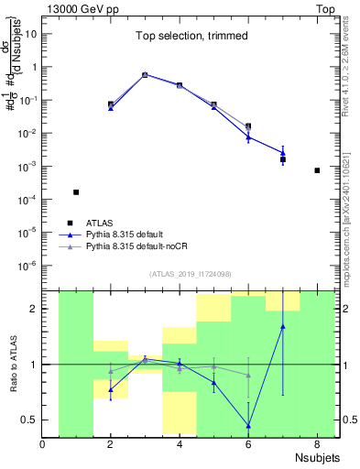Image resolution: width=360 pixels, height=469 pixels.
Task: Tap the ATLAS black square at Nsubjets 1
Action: [76, 192]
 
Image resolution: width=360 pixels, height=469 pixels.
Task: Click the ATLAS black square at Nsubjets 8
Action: [317, 170]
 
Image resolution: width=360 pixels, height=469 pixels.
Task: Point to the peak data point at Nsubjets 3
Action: [145, 75]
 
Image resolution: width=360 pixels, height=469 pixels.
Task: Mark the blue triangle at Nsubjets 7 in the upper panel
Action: [283, 153]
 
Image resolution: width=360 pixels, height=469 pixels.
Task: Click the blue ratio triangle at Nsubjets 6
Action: [248, 425]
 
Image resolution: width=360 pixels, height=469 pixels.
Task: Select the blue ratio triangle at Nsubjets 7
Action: [283, 326]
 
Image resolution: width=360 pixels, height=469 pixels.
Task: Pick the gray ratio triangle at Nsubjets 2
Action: [111, 371]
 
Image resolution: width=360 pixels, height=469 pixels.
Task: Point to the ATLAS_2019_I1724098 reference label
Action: [191, 274]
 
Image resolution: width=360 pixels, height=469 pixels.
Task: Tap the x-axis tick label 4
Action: [180, 445]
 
